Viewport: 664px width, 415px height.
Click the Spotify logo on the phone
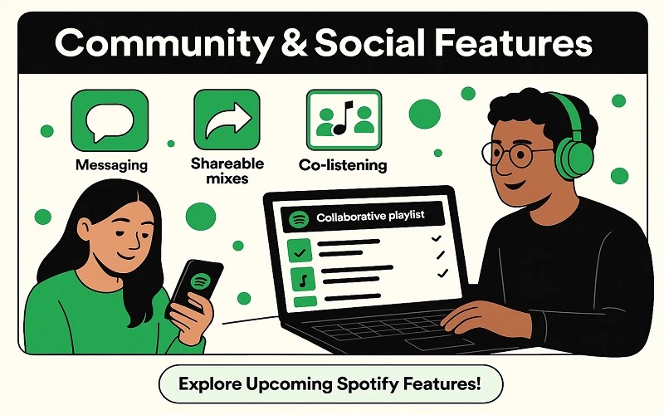click(x=199, y=281)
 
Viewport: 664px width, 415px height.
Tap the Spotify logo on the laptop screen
click(x=300, y=218)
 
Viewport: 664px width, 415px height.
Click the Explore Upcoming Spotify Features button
click(x=331, y=385)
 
